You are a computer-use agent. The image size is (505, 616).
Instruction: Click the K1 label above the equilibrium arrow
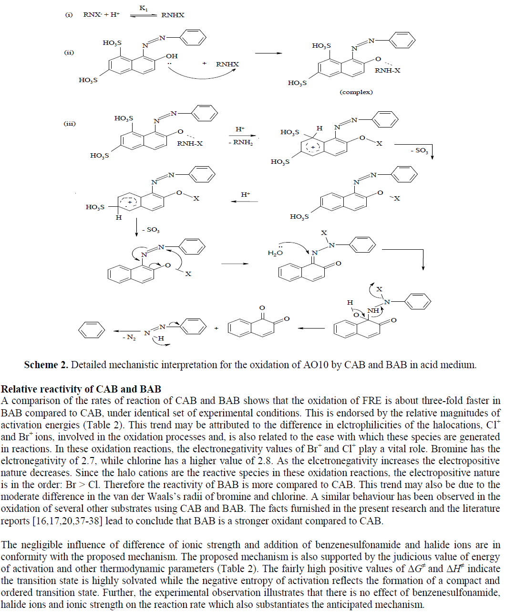pyautogui.click(x=144, y=8)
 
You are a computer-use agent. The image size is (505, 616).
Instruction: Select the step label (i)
pyautogui.click(x=69, y=15)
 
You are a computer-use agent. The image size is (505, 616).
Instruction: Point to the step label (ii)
pyautogui.click(x=69, y=53)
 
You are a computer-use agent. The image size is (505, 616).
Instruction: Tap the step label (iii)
pyautogui.click(x=70, y=124)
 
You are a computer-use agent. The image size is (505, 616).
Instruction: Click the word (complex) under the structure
pyautogui.click(x=356, y=92)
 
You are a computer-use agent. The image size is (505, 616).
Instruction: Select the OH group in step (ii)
pyautogui.click(x=172, y=56)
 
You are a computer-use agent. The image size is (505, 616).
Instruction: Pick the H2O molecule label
pyautogui.click(x=275, y=253)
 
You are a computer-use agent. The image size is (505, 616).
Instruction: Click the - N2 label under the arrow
pyautogui.click(x=129, y=338)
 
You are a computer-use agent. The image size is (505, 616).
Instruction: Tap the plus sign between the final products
pyautogui.click(x=216, y=329)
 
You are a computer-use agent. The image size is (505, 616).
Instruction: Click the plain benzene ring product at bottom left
pyautogui.click(x=91, y=330)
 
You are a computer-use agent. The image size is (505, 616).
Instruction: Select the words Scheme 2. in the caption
pyautogui.click(x=46, y=365)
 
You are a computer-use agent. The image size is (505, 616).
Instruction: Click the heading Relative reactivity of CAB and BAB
pyautogui.click(x=81, y=389)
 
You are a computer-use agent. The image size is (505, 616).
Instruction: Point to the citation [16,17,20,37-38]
pyautogui.click(x=67, y=521)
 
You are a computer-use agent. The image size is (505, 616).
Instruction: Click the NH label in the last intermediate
pyautogui.click(x=373, y=311)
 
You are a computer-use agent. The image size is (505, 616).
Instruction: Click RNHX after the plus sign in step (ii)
pyautogui.click(x=227, y=64)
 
